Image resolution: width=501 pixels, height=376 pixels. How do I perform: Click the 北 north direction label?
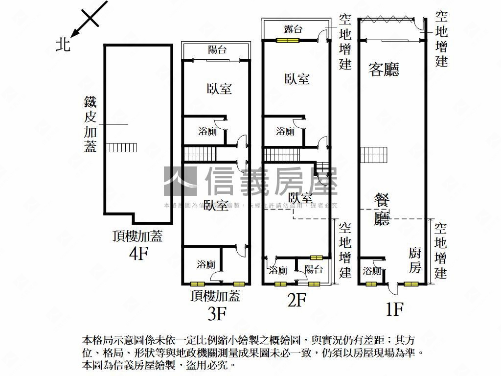63,46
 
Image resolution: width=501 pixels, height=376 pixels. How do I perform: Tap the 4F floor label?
138,254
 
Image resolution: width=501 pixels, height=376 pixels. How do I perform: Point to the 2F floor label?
296,300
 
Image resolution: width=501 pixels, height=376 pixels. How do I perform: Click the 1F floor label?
394,309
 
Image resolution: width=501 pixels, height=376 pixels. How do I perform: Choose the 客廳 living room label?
384,70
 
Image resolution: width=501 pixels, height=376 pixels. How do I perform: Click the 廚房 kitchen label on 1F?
414,260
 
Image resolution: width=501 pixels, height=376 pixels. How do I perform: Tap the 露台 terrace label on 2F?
293,29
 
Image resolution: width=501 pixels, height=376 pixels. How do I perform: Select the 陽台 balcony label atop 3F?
217,50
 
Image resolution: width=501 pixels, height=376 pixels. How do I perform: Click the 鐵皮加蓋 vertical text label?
91,124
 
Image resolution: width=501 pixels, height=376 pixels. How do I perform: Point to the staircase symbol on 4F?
122,147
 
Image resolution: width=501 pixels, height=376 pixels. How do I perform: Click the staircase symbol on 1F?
374,155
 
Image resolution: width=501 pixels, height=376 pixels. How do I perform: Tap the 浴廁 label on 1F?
372,271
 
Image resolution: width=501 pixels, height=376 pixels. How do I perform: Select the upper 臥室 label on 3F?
219,89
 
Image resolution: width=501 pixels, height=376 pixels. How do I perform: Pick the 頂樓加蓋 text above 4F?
137,237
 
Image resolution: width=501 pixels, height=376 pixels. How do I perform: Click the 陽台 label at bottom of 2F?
313,269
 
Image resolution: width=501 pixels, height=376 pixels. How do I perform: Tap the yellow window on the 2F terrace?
287,41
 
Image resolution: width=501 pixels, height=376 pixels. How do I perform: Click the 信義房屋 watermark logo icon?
180,181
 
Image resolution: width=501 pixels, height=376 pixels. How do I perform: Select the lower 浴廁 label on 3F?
206,265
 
